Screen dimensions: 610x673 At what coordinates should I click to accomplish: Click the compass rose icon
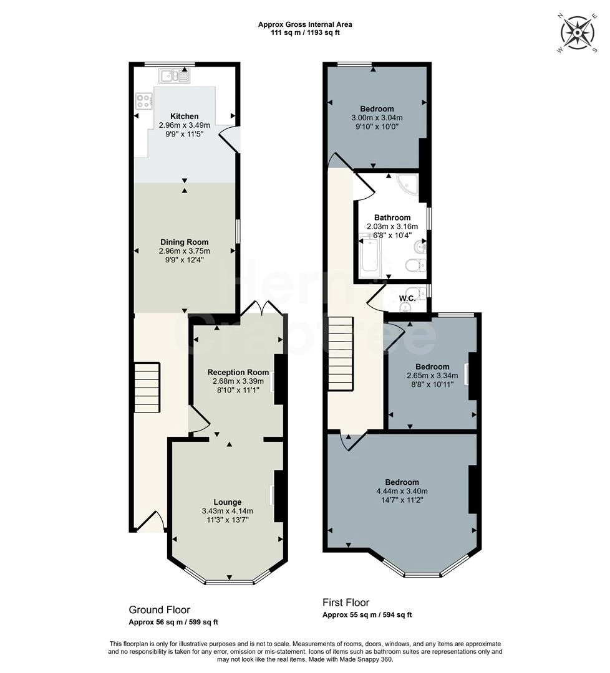578,32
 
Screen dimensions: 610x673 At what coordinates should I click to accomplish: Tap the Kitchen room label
184,117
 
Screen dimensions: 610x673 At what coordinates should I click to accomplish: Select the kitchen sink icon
174,77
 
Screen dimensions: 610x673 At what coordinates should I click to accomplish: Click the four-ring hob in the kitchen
144,102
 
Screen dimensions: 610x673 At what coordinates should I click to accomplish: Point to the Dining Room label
184,242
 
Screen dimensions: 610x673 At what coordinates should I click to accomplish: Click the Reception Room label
238,372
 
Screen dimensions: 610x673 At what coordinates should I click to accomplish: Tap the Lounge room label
228,502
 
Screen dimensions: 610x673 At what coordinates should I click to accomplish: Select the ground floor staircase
147,388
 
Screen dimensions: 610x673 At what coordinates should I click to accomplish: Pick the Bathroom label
392,217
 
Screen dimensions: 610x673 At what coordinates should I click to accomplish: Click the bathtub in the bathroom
369,255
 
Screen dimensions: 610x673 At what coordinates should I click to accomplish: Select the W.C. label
407,298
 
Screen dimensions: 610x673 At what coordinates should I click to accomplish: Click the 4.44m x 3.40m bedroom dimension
402,491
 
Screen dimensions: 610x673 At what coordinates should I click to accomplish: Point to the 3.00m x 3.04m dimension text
377,118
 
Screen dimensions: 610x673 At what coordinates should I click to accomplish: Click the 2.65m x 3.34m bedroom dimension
433,376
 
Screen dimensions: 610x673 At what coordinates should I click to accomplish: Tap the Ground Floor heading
160,609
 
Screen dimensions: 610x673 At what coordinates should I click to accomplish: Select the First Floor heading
346,602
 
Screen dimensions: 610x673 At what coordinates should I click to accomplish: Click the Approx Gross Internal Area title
305,24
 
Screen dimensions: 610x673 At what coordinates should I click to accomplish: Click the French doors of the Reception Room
262,308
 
